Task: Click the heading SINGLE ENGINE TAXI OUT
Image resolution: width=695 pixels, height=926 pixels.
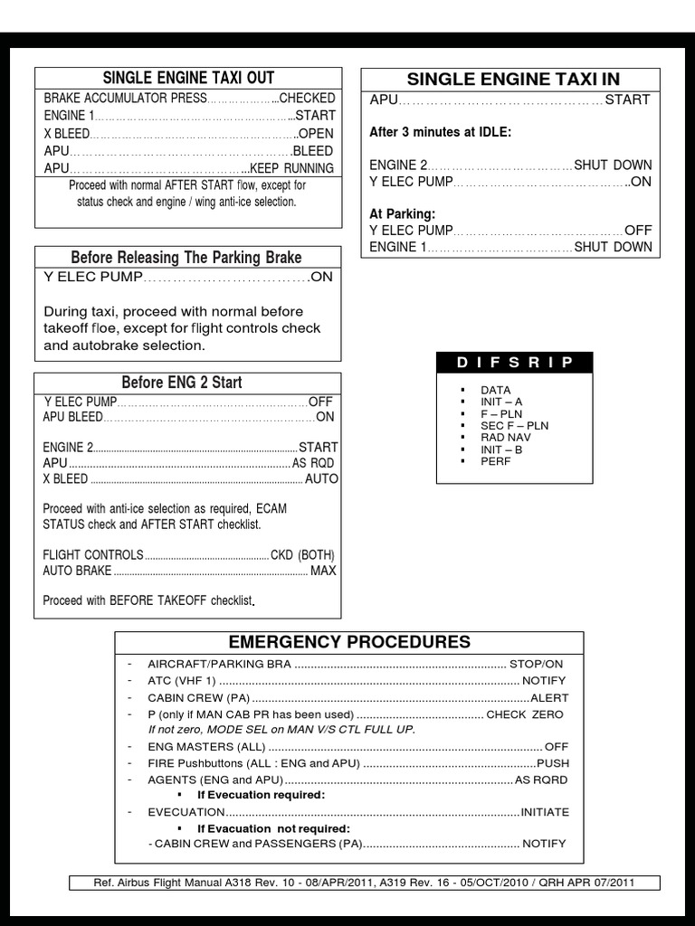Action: (x=188, y=78)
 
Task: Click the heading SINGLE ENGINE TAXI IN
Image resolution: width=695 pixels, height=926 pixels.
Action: (x=513, y=79)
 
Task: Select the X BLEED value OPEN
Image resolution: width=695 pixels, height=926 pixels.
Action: (x=317, y=133)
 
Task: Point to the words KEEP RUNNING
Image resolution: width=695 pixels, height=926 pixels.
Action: (x=291, y=168)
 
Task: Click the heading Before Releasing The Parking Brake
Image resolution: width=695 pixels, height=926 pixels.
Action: (x=186, y=258)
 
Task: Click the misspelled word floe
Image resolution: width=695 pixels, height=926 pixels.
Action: (x=137, y=328)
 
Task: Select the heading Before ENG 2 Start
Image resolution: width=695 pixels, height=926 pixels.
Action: (x=182, y=382)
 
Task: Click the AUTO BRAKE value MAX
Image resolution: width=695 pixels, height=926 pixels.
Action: (x=323, y=571)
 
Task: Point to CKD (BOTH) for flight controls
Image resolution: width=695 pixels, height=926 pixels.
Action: (x=303, y=554)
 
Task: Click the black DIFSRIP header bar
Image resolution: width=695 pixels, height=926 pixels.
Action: (x=515, y=363)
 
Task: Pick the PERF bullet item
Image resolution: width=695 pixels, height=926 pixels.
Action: (x=496, y=460)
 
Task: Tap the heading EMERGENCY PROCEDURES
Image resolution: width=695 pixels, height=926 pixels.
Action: (x=349, y=642)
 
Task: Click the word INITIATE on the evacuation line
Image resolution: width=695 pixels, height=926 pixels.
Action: (x=545, y=812)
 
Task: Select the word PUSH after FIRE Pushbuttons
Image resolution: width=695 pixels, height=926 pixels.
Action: (x=553, y=763)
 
